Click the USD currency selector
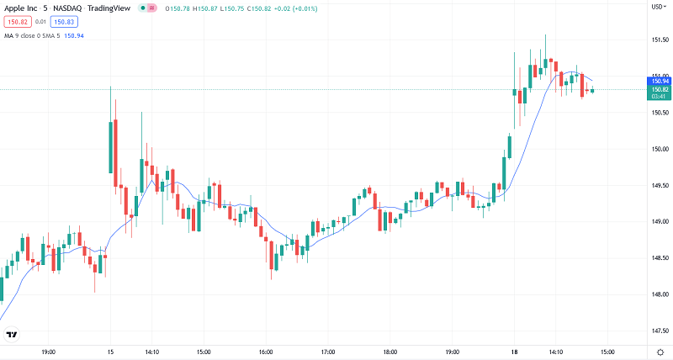658,7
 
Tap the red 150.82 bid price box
18,22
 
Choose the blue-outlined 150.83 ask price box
63,22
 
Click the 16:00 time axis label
265,352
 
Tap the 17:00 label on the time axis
328,352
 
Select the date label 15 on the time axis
110,352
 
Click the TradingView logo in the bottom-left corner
12,335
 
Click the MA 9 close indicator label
21,35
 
